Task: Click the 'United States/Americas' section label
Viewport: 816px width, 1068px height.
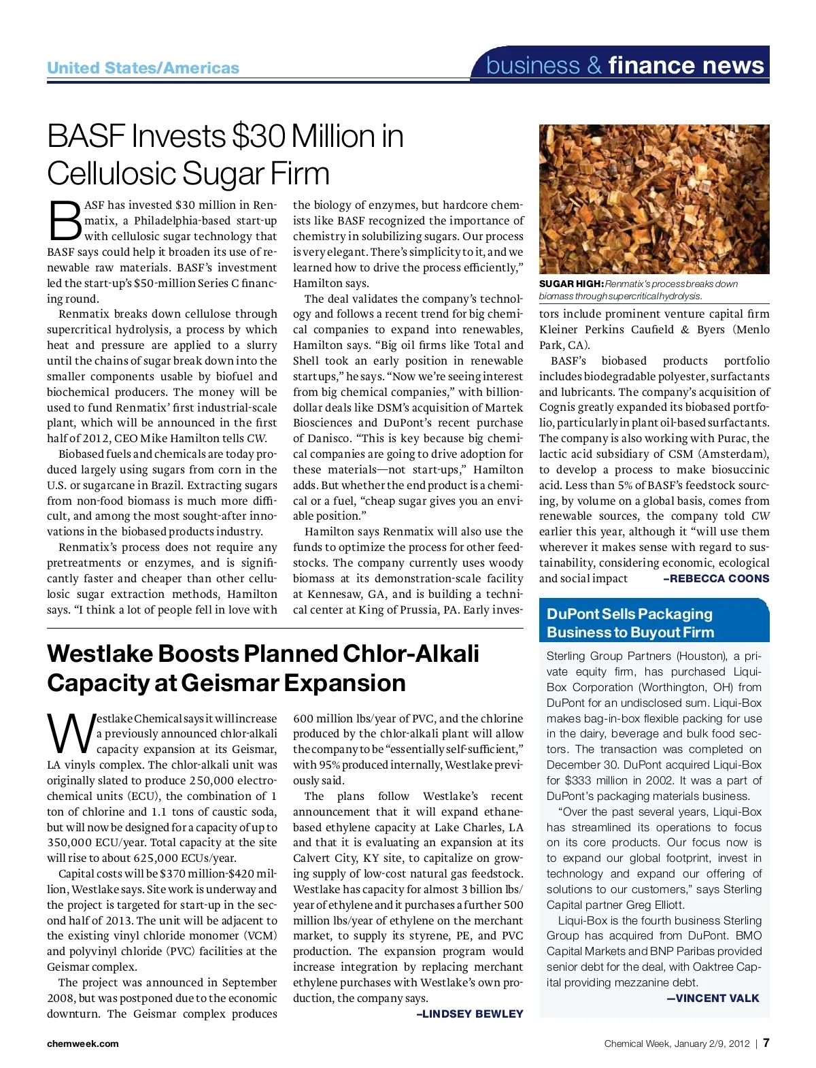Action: click(143, 68)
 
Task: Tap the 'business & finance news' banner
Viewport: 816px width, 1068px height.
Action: click(625, 65)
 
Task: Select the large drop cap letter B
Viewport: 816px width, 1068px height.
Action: click(65, 220)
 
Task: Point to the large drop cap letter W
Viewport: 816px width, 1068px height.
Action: click(70, 733)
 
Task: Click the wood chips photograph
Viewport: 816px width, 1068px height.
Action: click(653, 199)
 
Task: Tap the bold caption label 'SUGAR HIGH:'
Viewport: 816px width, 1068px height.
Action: click(571, 284)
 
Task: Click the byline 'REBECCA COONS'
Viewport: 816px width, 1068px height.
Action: click(719, 578)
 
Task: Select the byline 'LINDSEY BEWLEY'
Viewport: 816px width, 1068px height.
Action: click(473, 1014)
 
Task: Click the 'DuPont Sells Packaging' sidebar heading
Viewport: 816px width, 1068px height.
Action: click(629, 614)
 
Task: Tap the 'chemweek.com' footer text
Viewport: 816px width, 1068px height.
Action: click(82, 1044)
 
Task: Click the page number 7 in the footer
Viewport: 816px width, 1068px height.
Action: click(766, 1043)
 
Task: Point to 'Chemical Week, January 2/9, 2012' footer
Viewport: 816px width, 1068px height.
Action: click(676, 1044)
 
